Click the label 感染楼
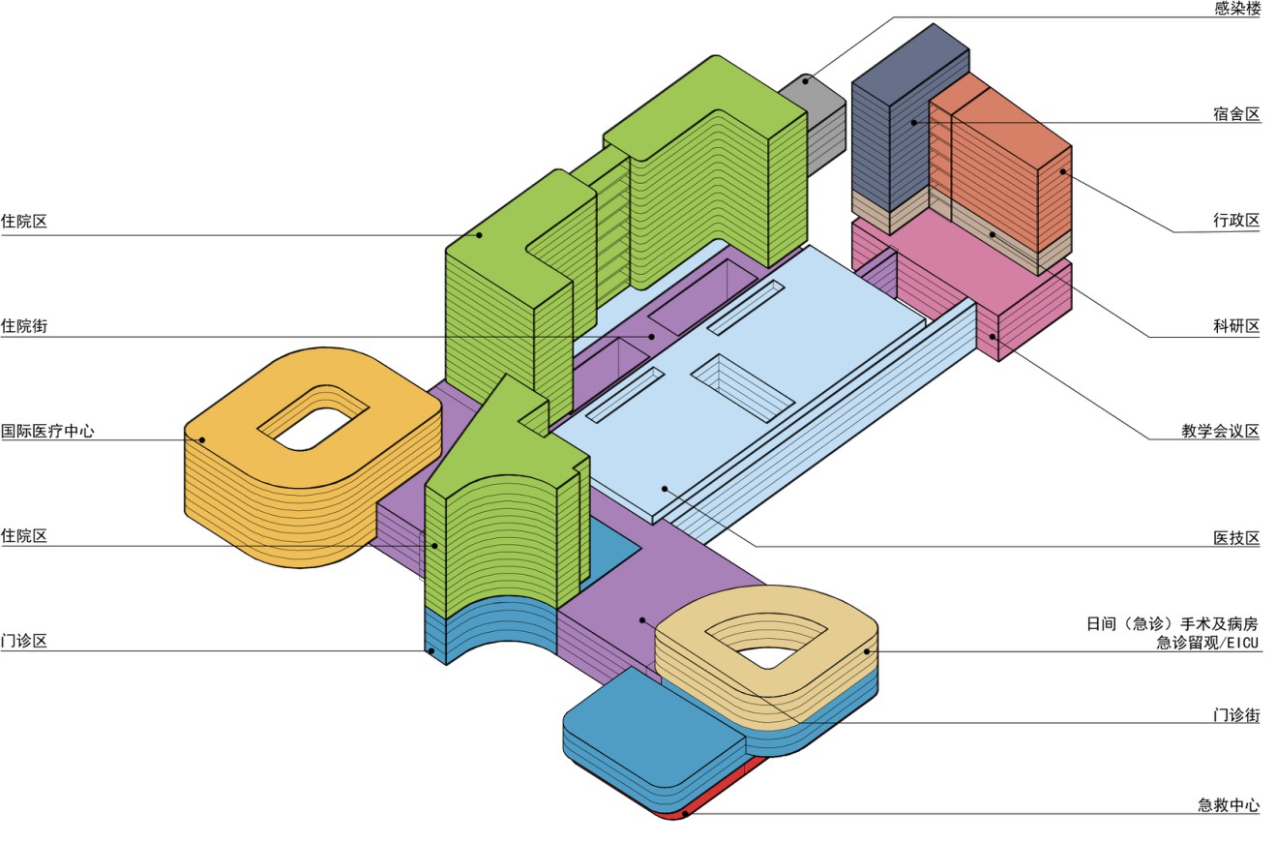pos(1236,9)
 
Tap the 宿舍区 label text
pos(1236,114)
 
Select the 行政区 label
pos(1236,220)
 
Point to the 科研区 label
pos(1236,326)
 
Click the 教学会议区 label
pos(1220,432)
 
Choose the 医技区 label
pos(1236,538)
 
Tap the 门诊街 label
pos(1236,715)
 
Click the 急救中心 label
pos(1228,805)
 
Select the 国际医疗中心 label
pos(48,432)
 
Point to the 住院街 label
pos(24,326)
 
